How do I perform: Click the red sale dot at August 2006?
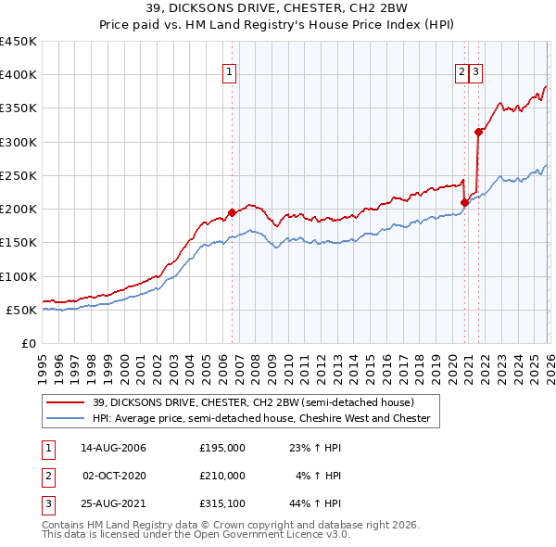click(x=232, y=212)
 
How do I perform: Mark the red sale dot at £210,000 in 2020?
click(x=464, y=202)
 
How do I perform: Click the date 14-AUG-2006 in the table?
click(x=113, y=448)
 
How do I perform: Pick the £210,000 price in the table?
click(x=222, y=476)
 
